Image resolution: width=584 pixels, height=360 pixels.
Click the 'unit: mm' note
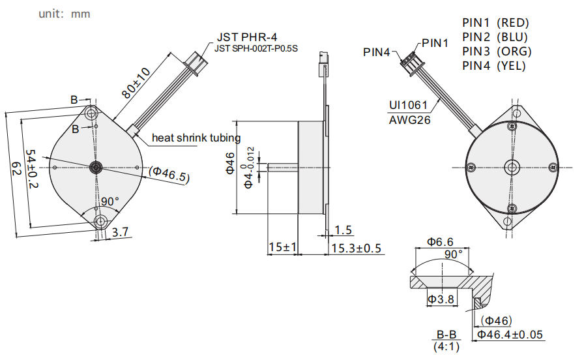pos(65,14)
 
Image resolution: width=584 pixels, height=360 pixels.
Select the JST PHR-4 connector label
pos(247,37)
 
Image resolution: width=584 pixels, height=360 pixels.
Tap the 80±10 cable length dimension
pos(136,83)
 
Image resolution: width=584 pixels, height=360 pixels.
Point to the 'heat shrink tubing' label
pos(196,138)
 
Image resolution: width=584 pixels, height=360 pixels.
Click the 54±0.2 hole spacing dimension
pos(32,169)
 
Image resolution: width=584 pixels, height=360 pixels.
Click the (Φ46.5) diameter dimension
pos(169,174)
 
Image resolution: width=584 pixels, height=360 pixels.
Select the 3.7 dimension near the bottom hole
pos(121,232)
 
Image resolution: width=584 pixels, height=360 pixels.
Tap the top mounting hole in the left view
pos(91,113)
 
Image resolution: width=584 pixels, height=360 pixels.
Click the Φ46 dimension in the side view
pos(231,163)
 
